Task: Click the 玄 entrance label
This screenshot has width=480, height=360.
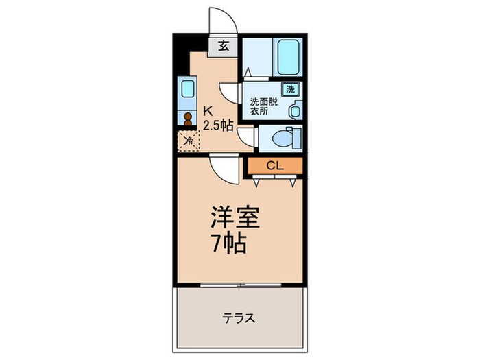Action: [x=224, y=47]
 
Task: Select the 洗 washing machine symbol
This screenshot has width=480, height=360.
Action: [x=290, y=88]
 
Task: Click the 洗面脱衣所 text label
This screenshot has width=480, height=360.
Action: [x=263, y=104]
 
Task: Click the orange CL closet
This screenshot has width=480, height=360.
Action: [x=274, y=165]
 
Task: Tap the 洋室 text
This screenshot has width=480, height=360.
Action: [x=234, y=219]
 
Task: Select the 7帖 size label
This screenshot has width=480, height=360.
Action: [x=229, y=243]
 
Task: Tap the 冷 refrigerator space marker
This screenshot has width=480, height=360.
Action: [x=187, y=141]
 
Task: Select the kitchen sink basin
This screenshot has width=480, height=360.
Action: [x=187, y=90]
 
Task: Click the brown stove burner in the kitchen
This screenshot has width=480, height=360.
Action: [x=187, y=117]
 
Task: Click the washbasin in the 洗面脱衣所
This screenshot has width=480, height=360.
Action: [x=296, y=110]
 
